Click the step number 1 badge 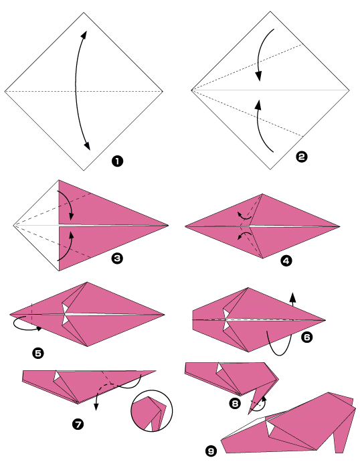[117, 161]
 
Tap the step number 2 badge [301, 157]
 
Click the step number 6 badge [306, 338]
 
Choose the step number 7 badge [78, 423]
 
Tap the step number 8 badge [234, 403]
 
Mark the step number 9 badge [211, 452]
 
